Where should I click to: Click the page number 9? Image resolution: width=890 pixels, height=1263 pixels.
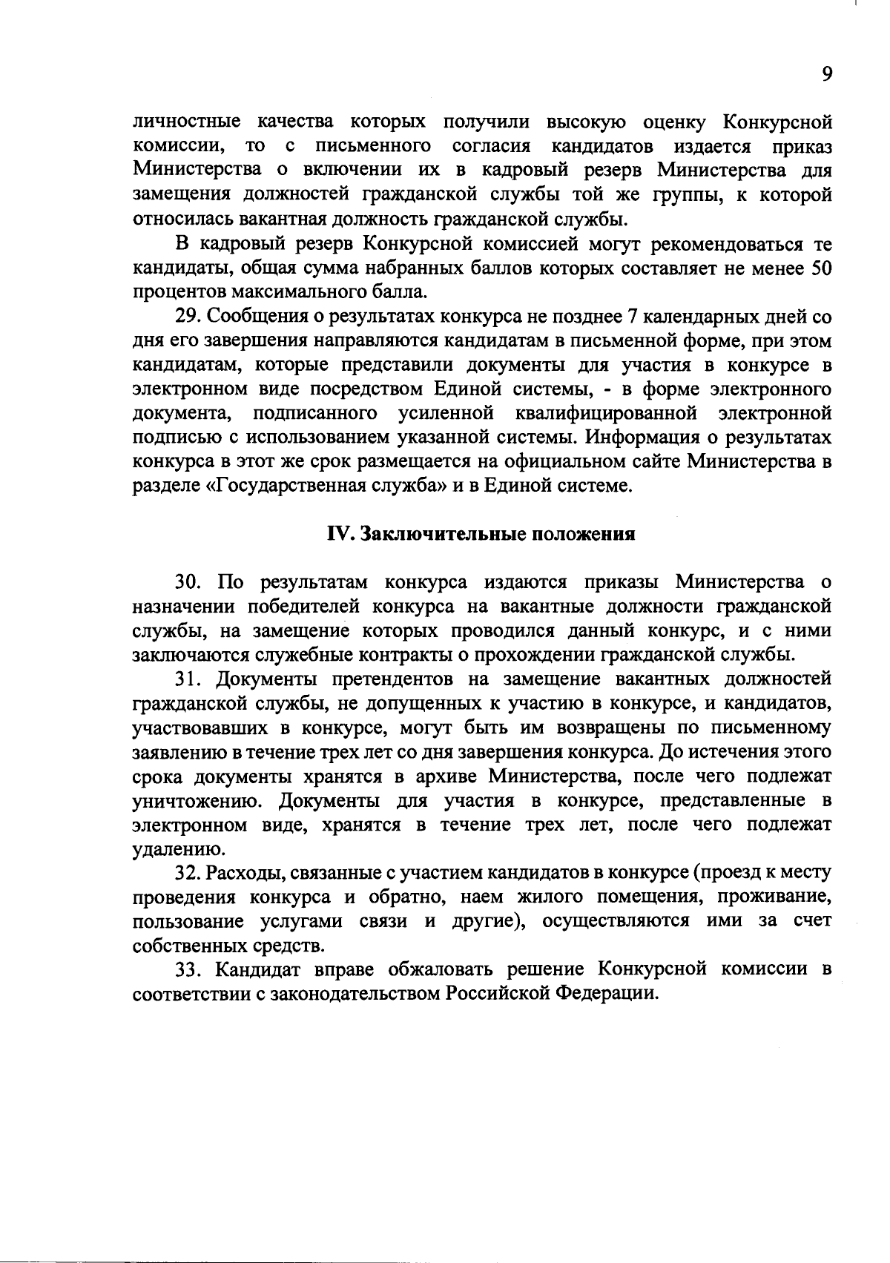click(x=827, y=74)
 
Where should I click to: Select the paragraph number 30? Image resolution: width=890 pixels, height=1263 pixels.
click(x=188, y=582)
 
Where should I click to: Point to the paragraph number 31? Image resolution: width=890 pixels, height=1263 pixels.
click(x=187, y=679)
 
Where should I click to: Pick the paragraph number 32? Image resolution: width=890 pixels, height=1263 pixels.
click(x=188, y=873)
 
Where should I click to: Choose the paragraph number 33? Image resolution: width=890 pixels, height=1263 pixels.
click(x=188, y=970)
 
